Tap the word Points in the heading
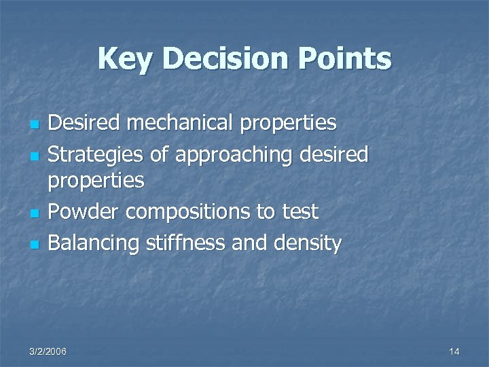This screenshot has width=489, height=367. tap(345, 59)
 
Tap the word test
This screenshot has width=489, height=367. tap(300, 212)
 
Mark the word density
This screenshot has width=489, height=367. tap(310, 243)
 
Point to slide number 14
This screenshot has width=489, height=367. tap(454, 351)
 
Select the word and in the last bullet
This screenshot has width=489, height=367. tap(251, 243)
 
